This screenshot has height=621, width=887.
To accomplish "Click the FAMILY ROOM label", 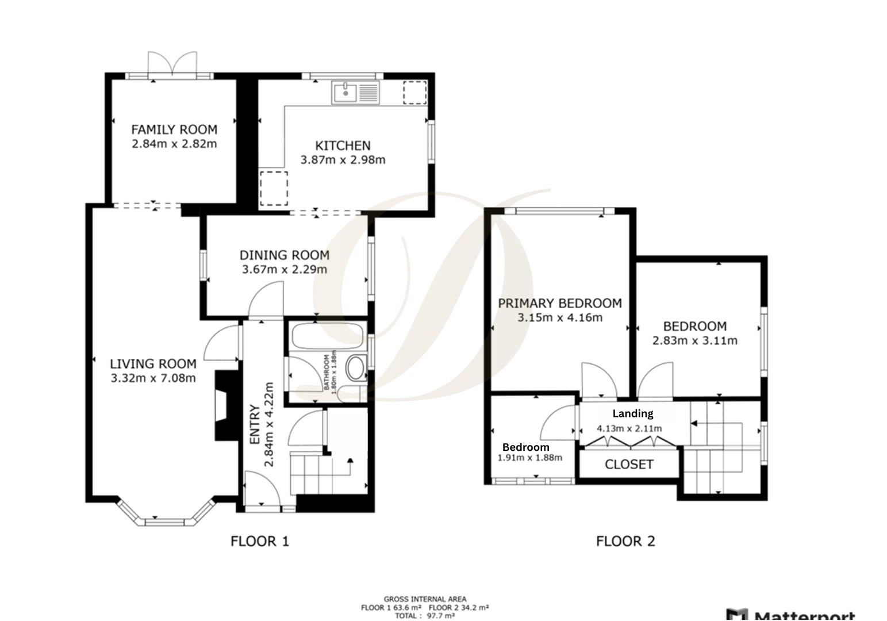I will coord(174,129).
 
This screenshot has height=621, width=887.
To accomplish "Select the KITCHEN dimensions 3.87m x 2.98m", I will coord(343,160).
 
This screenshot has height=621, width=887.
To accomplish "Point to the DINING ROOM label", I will coord(285,255).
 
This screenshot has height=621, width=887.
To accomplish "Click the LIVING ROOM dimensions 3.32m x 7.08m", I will coord(153,378).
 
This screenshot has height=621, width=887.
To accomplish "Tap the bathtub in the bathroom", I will coord(327,335).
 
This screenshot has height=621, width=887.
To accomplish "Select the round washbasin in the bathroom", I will coord(356,368).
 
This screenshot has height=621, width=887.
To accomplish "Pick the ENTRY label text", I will coord(255,424).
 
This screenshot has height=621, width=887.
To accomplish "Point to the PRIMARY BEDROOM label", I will coord(559,303).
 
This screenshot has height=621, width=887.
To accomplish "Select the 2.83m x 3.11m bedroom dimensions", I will coord(694,340).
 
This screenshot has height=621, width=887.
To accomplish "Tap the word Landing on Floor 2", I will coord(632,413).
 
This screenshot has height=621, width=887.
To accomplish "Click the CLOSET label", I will coord(629,464).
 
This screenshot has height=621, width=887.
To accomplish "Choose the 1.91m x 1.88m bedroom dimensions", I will coord(529,458).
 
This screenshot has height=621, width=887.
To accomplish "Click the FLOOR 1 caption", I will coord(260,541).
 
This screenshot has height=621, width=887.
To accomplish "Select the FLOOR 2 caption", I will coord(625,541).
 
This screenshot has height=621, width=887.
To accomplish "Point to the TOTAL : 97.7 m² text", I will coord(425,616).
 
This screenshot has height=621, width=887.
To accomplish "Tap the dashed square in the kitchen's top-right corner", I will coord(414,93).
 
